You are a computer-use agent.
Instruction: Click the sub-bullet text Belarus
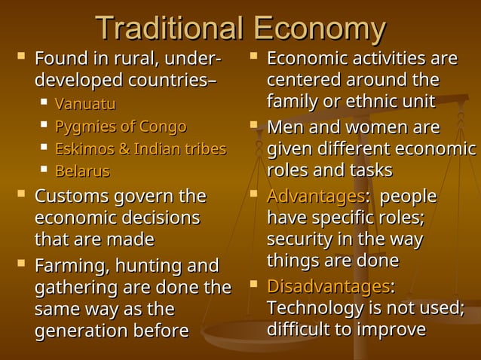pyautogui.click(x=82, y=172)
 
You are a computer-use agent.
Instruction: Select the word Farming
pyautogui.click(x=71, y=266)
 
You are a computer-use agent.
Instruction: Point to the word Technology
pyautogui.click(x=317, y=309)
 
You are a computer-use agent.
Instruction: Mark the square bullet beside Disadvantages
pyautogui.click(x=255, y=286)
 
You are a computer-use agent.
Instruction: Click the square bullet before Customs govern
pyautogui.click(x=20, y=196)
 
